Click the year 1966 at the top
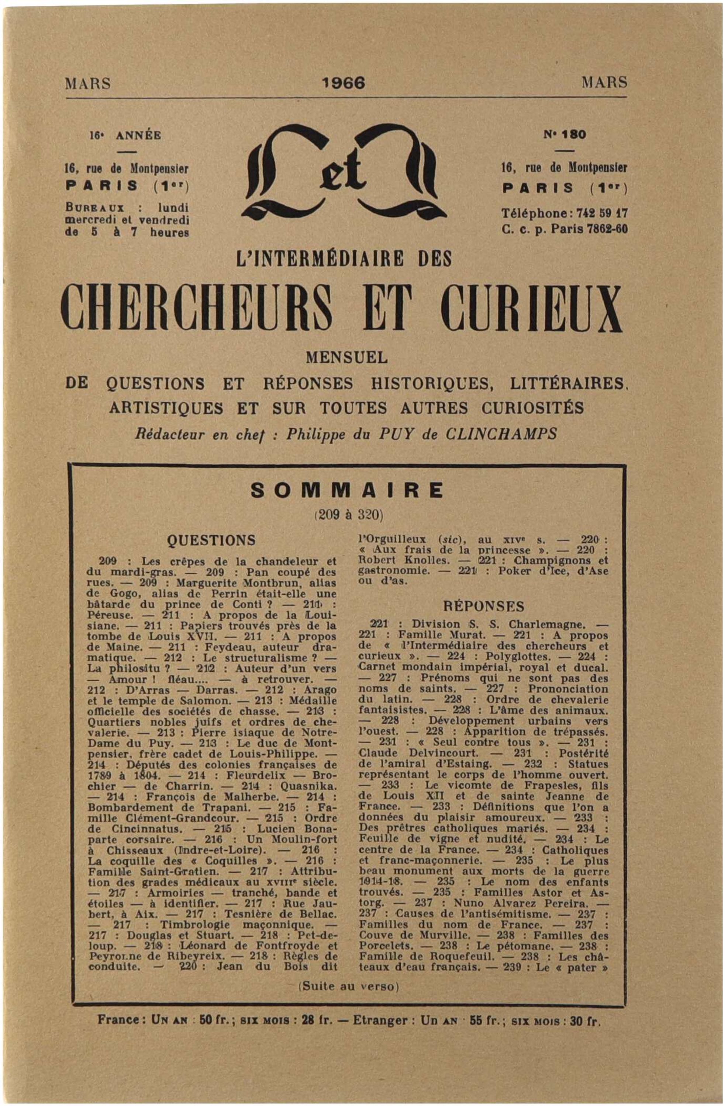click(343, 83)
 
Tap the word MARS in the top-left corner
click(88, 84)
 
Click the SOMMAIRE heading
click(346, 490)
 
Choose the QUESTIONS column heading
click(211, 540)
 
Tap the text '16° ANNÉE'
click(125, 135)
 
